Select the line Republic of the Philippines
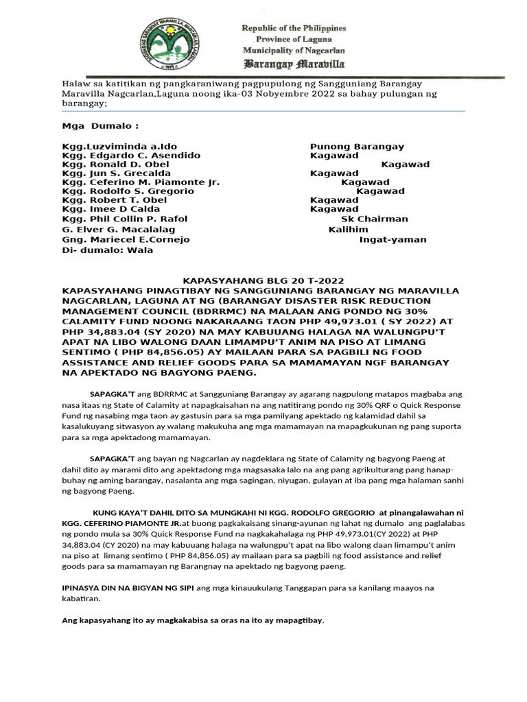[x=294, y=28]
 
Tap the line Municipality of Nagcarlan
[x=294, y=51]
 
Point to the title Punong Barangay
[x=357, y=147]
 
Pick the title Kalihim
[x=349, y=229]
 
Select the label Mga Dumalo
[x=100, y=126]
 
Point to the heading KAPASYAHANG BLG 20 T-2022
[x=262, y=280]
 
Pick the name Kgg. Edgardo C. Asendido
[x=131, y=156]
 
